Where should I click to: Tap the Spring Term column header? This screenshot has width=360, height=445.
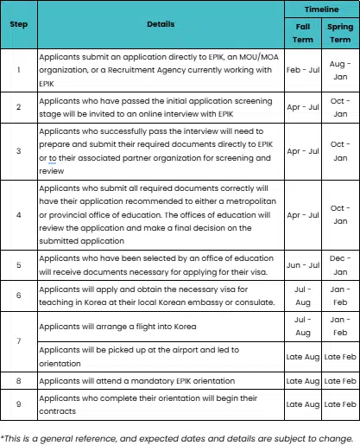tap(340, 32)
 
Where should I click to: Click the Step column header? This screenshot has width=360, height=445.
tap(18, 23)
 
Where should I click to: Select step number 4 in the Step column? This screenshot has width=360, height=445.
tap(18, 215)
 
